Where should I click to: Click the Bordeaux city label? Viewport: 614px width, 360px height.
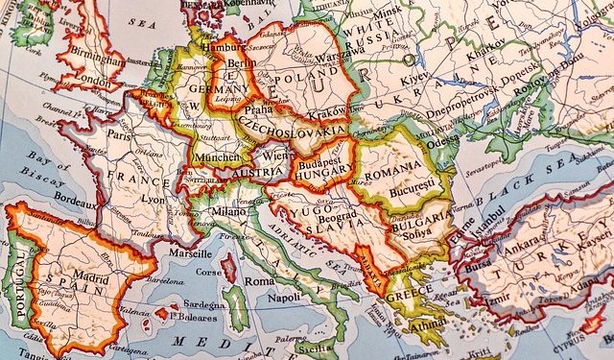click(x=76, y=204)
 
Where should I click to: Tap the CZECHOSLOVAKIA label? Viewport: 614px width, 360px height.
click(x=293, y=128)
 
